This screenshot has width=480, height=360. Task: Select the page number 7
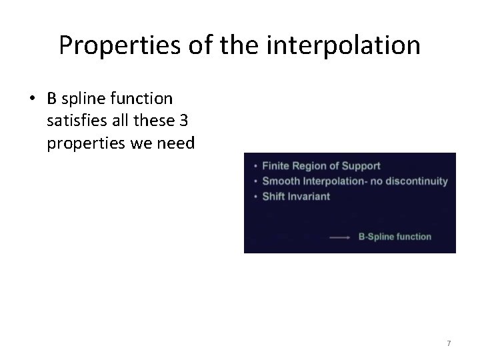pos(449,343)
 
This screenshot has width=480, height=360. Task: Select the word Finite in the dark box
pos(275,165)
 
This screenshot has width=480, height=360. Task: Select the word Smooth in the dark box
pos(279,181)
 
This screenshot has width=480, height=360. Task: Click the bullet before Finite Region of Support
pos(255,166)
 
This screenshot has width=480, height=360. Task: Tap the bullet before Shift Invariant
pos(255,197)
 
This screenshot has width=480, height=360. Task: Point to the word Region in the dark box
pos(310,165)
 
